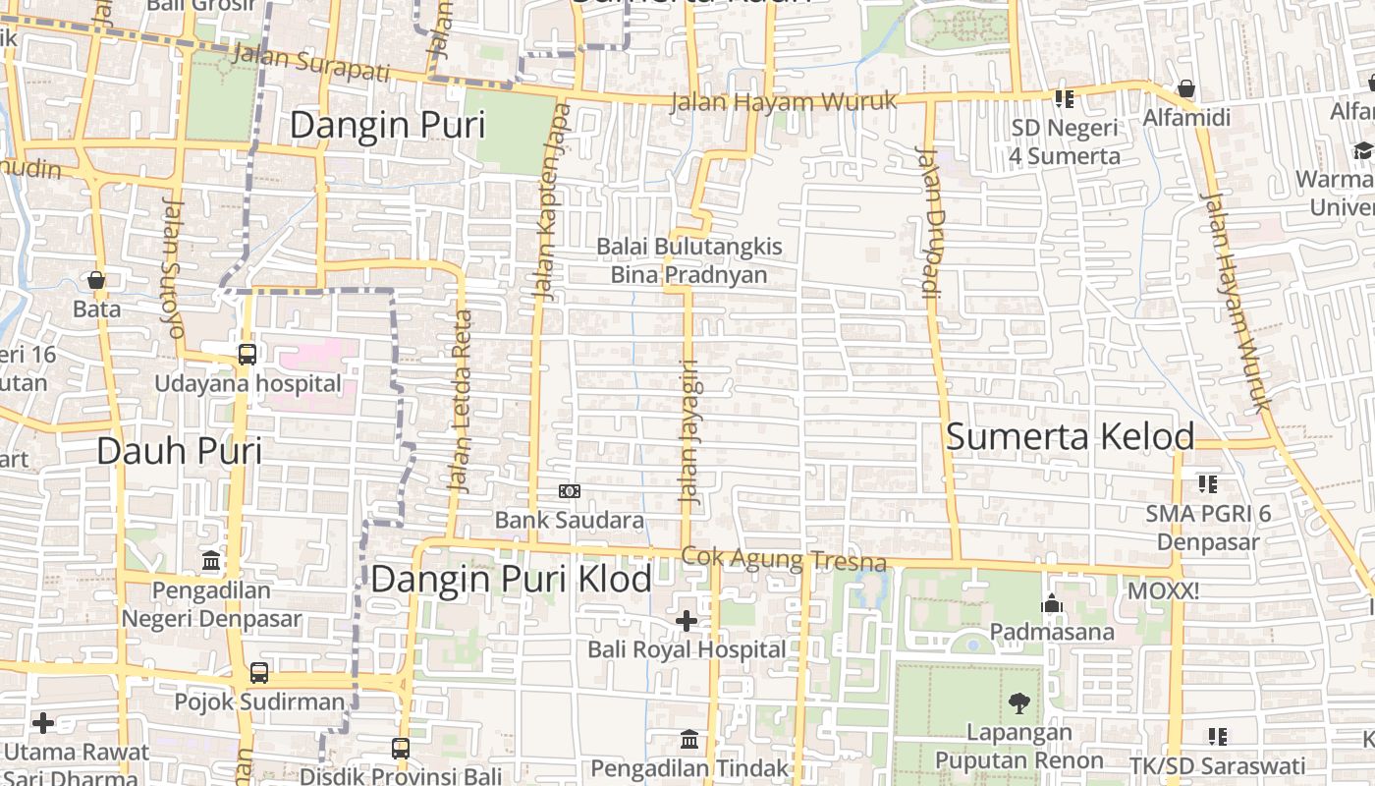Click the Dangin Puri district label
pyautogui.click(x=388, y=126)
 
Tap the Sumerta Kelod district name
pyautogui.click(x=1070, y=437)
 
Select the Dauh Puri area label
pyautogui.click(x=179, y=451)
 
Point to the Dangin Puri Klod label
pyautogui.click(x=511, y=580)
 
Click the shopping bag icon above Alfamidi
pyautogui.click(x=1186, y=89)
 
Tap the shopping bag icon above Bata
pyautogui.click(x=96, y=281)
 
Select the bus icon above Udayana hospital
pyautogui.click(x=247, y=354)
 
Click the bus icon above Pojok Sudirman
pyautogui.click(x=259, y=673)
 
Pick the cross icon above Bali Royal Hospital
pyautogui.click(x=687, y=621)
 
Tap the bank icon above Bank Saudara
pyautogui.click(x=570, y=491)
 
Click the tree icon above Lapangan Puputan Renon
pyautogui.click(x=1019, y=703)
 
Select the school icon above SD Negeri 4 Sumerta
pyautogui.click(x=1065, y=99)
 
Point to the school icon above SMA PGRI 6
pyautogui.click(x=1208, y=484)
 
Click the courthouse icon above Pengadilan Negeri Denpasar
pyautogui.click(x=211, y=561)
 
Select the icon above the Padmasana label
pyautogui.click(x=1052, y=603)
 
